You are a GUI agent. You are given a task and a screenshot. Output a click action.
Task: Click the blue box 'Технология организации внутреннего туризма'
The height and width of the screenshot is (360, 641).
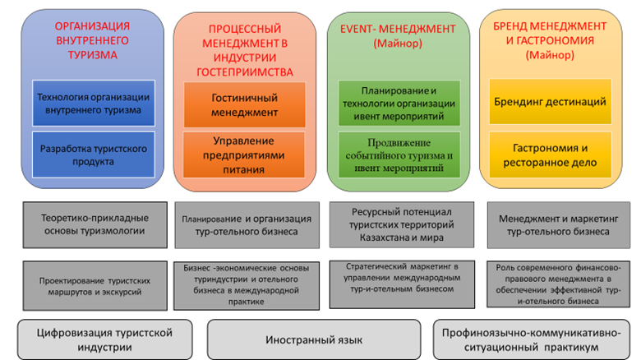(94, 103)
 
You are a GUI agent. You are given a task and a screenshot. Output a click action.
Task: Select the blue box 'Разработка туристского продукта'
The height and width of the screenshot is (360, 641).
(94, 155)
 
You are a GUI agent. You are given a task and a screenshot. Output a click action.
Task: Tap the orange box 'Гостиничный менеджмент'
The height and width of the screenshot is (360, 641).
(244, 104)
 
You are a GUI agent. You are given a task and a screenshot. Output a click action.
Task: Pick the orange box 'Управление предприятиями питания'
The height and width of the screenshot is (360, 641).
(243, 155)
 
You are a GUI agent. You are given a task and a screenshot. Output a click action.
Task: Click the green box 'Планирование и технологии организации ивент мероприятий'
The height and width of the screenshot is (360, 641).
(399, 103)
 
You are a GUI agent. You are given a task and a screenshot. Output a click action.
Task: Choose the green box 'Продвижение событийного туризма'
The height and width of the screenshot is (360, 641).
(399, 155)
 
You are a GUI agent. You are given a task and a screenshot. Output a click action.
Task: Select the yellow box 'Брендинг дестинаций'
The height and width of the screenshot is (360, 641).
(551, 101)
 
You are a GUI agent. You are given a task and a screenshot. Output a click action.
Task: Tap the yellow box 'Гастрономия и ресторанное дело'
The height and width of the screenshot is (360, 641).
(551, 155)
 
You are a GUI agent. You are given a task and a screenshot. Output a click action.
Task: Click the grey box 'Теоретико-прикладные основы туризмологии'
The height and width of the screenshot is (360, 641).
(95, 224)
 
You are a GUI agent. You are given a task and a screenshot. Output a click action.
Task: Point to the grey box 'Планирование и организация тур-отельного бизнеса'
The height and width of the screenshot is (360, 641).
(247, 225)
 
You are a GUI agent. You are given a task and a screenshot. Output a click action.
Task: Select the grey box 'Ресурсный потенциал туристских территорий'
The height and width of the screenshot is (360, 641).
(402, 224)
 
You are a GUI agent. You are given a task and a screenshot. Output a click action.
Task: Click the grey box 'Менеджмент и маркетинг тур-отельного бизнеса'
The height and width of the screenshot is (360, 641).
(559, 225)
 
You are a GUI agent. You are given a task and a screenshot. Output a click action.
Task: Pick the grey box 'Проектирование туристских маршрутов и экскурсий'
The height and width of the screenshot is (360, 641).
(95, 286)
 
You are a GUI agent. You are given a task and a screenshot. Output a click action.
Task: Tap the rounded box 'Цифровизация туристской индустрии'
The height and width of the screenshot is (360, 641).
(104, 339)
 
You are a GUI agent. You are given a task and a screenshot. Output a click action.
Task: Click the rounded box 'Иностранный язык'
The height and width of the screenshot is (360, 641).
(314, 339)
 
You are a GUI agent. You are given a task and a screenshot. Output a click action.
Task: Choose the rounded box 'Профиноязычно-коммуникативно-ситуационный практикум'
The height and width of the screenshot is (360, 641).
(532, 339)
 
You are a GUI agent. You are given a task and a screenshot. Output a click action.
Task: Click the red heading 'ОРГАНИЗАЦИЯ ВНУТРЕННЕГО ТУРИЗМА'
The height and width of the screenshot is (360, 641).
(92, 40)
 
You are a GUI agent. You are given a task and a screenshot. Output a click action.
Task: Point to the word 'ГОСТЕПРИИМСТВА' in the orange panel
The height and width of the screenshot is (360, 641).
(245, 72)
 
